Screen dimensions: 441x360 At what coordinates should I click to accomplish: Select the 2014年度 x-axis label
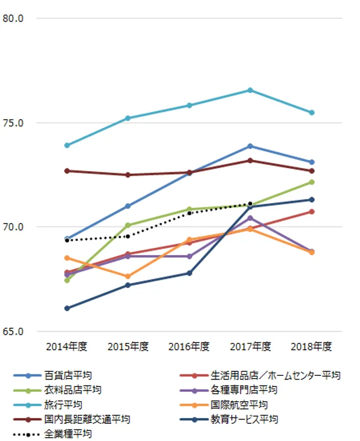pyautogui.click(x=67, y=346)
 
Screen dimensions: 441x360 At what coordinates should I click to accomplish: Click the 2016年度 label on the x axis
pyautogui.click(x=189, y=346)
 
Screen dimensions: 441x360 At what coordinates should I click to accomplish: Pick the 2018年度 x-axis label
pyautogui.click(x=312, y=346)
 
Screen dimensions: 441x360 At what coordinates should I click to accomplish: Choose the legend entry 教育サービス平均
pyautogui.click(x=244, y=419)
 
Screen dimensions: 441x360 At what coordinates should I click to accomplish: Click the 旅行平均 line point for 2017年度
pyautogui.click(x=250, y=90)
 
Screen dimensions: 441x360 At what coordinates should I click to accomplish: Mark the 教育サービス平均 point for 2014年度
pyautogui.click(x=67, y=308)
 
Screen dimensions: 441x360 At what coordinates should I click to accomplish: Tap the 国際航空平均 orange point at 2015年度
pyautogui.click(x=128, y=276)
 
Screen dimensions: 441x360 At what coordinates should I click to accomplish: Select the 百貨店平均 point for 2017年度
pyautogui.click(x=250, y=146)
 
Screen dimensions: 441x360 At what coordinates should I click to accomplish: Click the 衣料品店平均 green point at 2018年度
pyautogui.click(x=312, y=182)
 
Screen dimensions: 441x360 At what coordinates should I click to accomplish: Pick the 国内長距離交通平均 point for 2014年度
pyautogui.click(x=67, y=171)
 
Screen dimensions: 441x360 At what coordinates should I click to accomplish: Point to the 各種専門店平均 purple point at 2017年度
pyautogui.click(x=250, y=218)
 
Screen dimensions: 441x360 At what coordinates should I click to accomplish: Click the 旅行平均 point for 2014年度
pyautogui.click(x=67, y=145)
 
